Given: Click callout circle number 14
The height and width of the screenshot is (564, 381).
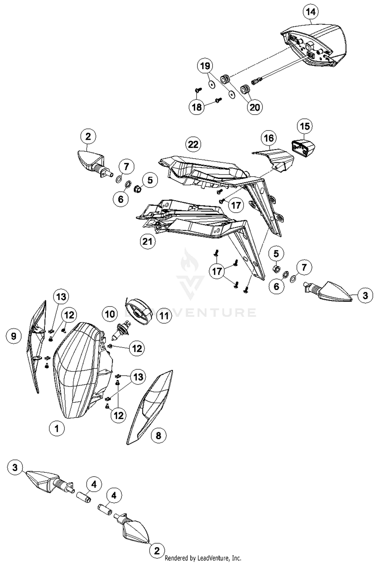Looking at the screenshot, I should pos(311,12).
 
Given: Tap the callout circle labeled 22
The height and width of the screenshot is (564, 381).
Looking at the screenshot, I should pos(193,144).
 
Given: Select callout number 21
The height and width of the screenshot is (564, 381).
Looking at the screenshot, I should pos(147,241).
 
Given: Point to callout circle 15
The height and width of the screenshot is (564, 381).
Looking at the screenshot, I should pos(305,126).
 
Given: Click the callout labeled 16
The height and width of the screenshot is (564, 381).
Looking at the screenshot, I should pos(269,138).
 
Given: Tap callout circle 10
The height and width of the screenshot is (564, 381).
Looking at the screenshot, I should pos(110,314).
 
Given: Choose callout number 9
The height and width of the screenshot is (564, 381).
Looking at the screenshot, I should pos(13,336).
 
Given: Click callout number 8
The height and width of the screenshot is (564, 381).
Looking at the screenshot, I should pos(158,436).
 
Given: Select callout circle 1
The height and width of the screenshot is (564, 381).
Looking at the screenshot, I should pos(57,429).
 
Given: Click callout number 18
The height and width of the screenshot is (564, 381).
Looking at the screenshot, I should pos(197,107).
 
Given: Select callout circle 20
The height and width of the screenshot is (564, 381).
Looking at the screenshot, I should pos(255,107).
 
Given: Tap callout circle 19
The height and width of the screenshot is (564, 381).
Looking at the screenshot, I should pos(205,66).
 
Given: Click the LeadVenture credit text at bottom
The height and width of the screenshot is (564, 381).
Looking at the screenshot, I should pos(203,558).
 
